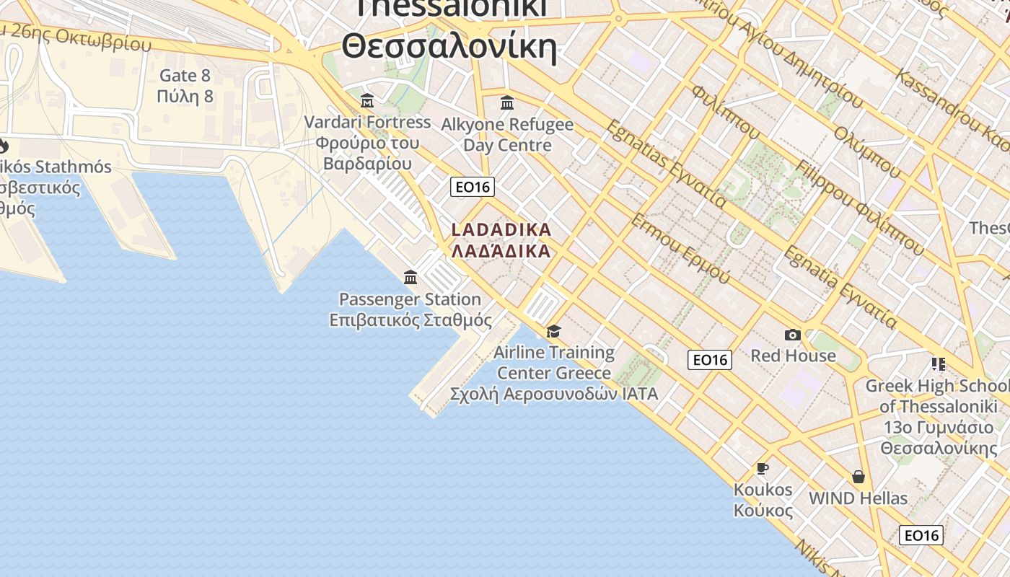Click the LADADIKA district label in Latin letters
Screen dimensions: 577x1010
pos(501,230)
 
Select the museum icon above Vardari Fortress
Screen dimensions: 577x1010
pos(367,100)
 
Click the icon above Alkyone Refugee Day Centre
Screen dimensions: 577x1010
pos(507,102)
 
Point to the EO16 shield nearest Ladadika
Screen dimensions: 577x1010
pos(473,187)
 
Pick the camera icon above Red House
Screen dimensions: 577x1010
pos(793,335)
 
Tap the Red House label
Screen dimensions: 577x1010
pos(793,356)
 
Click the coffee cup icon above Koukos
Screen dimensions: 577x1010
pos(763,469)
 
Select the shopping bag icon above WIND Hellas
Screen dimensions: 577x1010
pos(858,477)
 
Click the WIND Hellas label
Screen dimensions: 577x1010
pos(858,498)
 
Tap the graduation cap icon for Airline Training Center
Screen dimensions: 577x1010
pos(553,331)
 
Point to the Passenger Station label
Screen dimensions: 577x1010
pos(410,299)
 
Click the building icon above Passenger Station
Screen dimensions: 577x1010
pos(410,277)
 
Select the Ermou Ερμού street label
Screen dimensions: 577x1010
pos(680,248)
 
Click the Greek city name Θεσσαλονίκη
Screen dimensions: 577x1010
pos(449,48)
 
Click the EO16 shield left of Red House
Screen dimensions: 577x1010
pos(710,360)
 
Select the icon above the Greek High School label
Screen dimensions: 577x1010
pos(938,364)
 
